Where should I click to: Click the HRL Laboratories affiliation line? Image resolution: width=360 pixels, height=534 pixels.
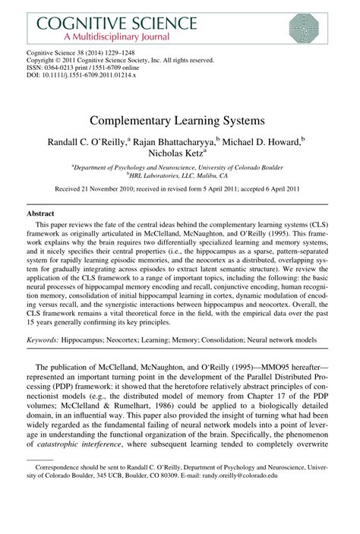click(179, 173)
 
